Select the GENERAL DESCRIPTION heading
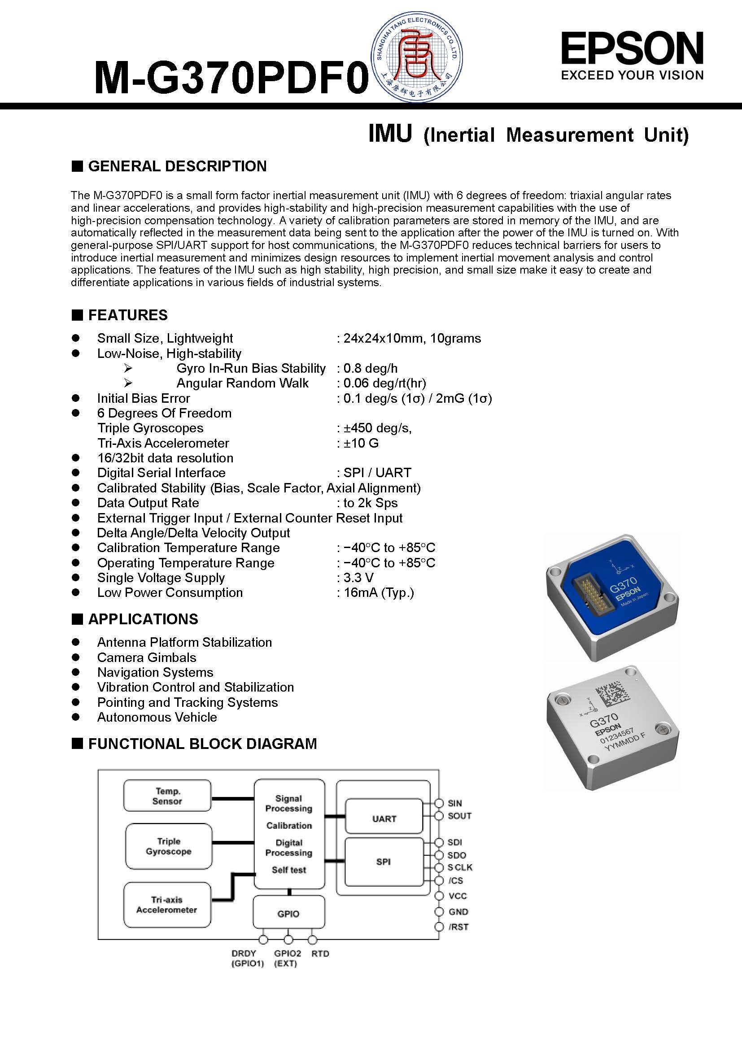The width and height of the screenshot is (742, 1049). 177,166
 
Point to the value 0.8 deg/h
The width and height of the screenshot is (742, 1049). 370,368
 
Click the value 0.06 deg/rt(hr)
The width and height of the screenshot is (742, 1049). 384,383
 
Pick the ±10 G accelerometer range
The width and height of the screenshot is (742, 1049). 361,443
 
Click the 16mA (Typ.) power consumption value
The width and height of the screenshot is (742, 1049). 378,592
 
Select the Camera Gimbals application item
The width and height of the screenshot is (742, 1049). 146,657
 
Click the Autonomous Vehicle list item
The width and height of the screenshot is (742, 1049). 157,717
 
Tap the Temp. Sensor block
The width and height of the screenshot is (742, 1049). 167,796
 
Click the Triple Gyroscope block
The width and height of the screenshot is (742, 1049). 168,846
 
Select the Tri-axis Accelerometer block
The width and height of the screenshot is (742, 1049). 167,905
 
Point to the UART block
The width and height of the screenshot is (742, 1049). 384,819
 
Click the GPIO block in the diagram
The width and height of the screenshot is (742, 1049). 288,914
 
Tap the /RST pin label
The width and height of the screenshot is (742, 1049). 458,927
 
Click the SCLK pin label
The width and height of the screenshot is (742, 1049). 460,867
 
